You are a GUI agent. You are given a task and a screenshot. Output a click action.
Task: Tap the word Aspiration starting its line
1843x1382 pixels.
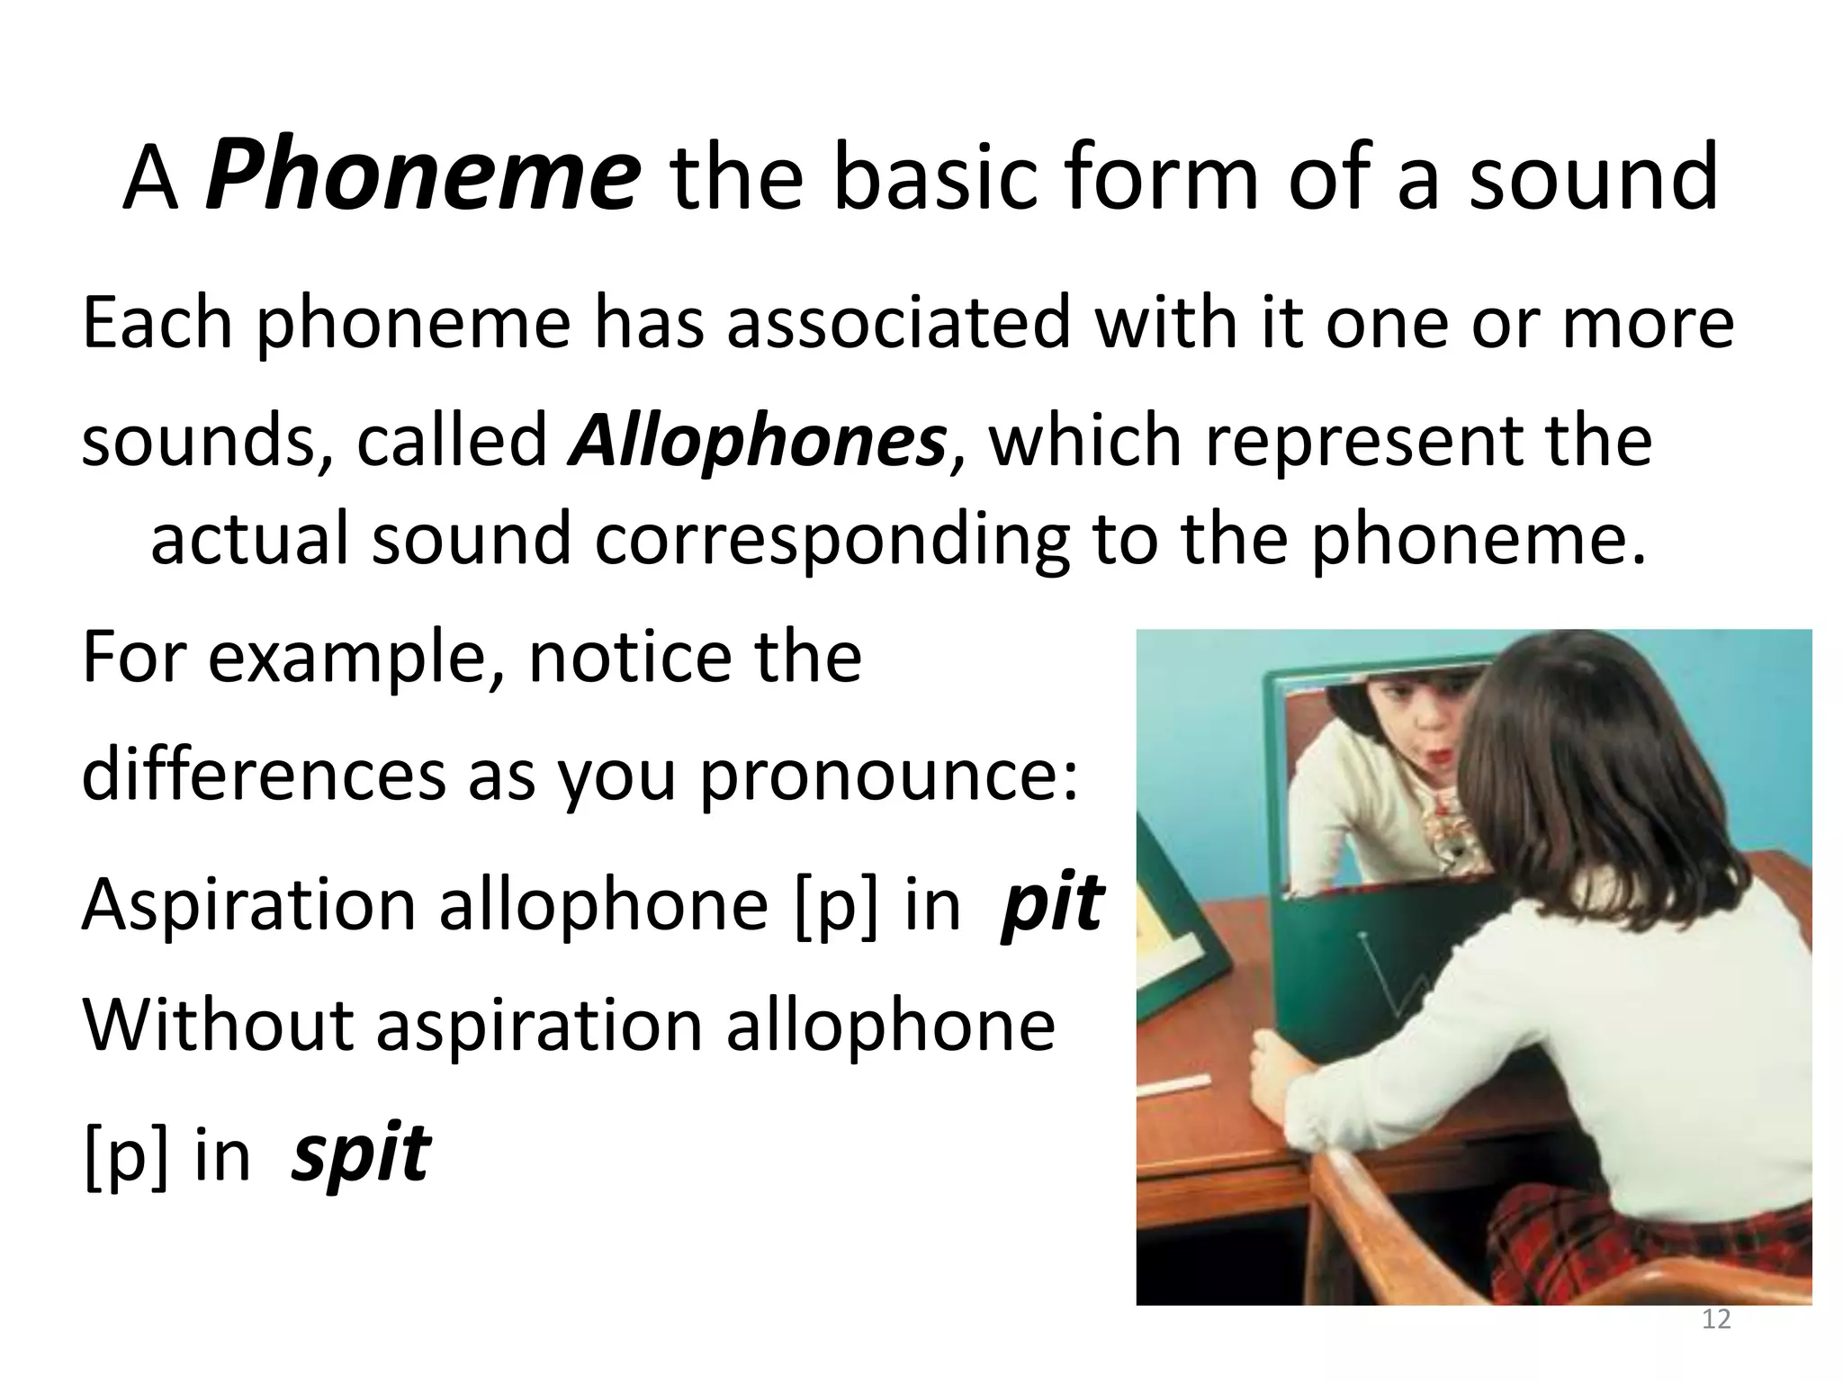coord(248,904)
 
